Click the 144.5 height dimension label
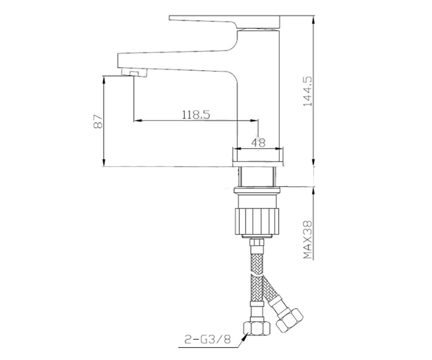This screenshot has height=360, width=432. pos(307,91)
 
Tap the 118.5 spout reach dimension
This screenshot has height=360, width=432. pos(196,114)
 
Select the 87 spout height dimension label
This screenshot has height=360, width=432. pos(98,121)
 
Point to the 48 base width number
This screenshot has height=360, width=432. pos(258,143)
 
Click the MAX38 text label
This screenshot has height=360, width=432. pos(307,240)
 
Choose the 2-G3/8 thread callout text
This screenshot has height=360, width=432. pos(207,339)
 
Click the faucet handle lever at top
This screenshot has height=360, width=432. pos(225,22)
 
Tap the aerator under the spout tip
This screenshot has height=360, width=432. pos(134,73)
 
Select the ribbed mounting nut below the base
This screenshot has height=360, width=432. pos(257,221)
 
